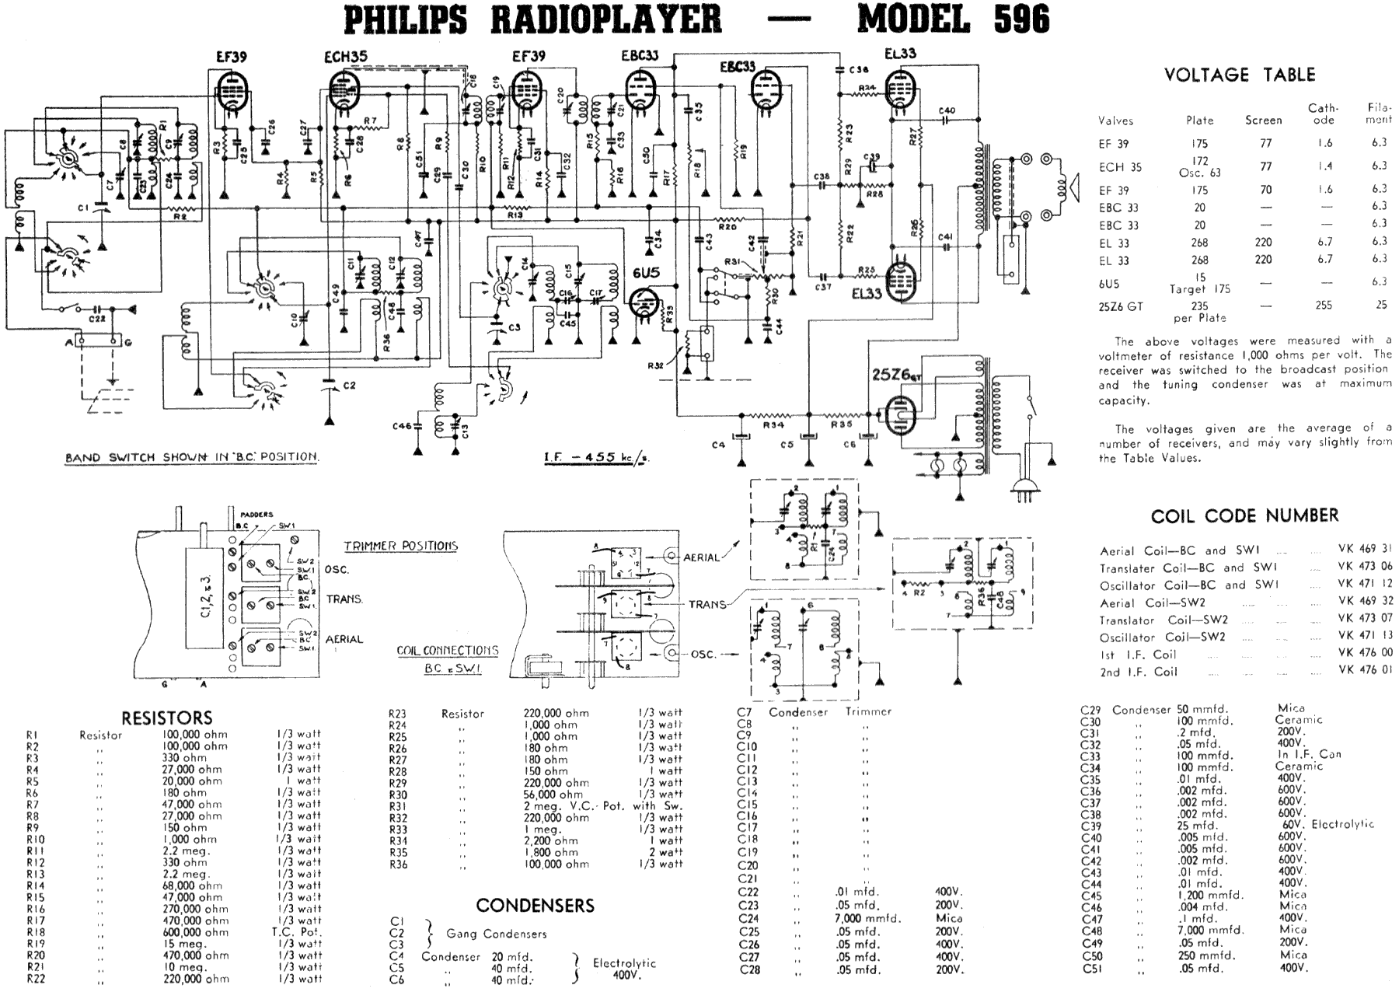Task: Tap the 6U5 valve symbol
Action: pos(644,304)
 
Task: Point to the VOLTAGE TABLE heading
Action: pos(1239,75)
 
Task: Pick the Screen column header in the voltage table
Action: pos(1263,121)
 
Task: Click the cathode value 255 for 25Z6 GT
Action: pos(1324,306)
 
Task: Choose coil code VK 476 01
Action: pos(1365,670)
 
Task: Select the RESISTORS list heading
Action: pos(167,718)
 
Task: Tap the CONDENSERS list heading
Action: pos(535,905)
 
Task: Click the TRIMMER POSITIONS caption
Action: pos(400,546)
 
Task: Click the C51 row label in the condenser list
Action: pos(1092,969)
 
